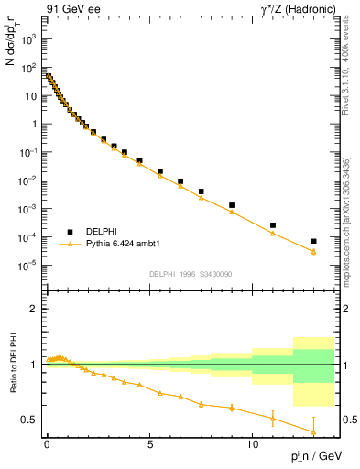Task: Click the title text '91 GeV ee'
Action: click(x=70, y=9)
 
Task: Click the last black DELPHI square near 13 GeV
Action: click(x=314, y=241)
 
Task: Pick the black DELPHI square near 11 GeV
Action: click(x=273, y=224)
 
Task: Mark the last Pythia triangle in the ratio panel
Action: click(x=314, y=431)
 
